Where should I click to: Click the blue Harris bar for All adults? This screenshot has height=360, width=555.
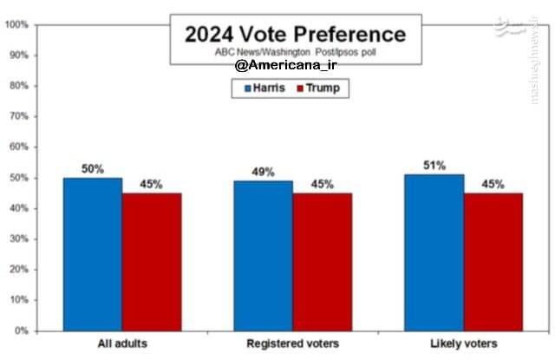coord(92,254)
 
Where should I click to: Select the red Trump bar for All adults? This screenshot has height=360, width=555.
coord(151,261)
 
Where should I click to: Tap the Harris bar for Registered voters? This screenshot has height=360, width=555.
coord(263,256)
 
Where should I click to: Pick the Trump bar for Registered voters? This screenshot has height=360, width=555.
coord(321,261)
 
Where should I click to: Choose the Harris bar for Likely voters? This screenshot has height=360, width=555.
coord(434,252)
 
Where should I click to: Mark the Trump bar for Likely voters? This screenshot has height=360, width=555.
coord(493,261)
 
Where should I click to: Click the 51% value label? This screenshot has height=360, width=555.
coord(434,166)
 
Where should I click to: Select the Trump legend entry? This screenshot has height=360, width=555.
coord(317,88)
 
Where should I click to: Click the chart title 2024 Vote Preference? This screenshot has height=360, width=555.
coord(295,34)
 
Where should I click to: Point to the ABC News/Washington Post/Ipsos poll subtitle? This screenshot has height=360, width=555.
coord(296,52)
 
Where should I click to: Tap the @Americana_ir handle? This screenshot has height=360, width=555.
coord(284,66)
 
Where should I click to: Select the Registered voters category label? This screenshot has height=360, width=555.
coord(292,344)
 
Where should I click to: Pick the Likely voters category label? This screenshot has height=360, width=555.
coord(462,344)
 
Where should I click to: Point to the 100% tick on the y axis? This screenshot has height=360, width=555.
coord(17,24)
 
